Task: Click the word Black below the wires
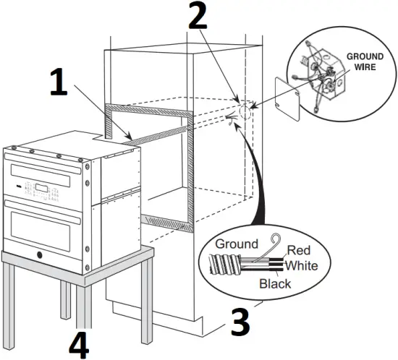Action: [275, 283]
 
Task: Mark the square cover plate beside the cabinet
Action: [289, 98]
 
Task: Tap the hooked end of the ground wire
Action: [274, 241]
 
